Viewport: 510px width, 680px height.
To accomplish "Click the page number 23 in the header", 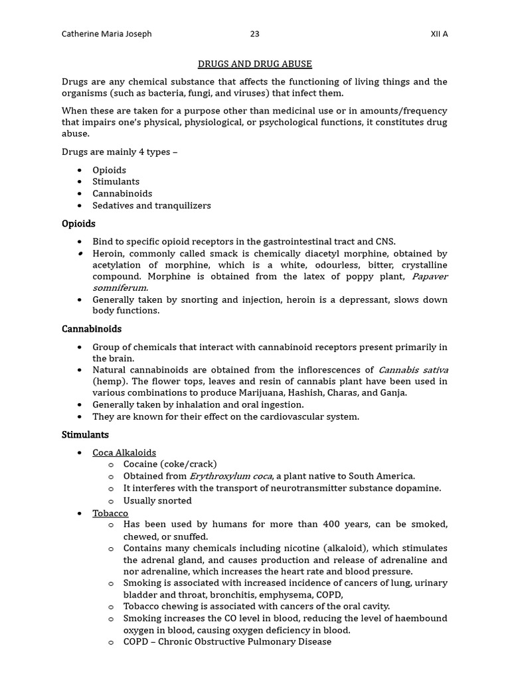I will pyautogui.click(x=255, y=34).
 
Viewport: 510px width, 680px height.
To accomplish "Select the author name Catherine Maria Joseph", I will pyautogui.click(x=106, y=34).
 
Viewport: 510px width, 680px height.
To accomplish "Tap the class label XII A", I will pyautogui.click(x=439, y=34).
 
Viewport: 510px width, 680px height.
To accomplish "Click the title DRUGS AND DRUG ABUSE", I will pyautogui.click(x=255, y=64).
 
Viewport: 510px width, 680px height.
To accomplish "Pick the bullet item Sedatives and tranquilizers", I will pyautogui.click(x=151, y=206).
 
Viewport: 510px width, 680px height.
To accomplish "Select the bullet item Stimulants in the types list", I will pyautogui.click(x=116, y=182).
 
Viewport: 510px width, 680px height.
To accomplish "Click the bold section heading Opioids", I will pyautogui.click(x=78, y=224).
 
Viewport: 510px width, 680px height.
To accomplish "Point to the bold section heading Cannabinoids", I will pyautogui.click(x=92, y=329).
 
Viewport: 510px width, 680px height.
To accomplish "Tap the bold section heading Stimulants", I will pyautogui.click(x=85, y=435).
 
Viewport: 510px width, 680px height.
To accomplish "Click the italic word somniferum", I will pyautogui.click(x=120, y=288).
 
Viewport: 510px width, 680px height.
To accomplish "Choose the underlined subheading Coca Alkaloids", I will pyautogui.click(x=124, y=453).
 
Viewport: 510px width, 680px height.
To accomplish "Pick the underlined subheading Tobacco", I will pyautogui.click(x=110, y=513).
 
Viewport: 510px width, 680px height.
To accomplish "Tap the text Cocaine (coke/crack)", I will pyautogui.click(x=170, y=464).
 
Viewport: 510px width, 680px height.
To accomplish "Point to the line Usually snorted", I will pyautogui.click(x=157, y=501).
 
